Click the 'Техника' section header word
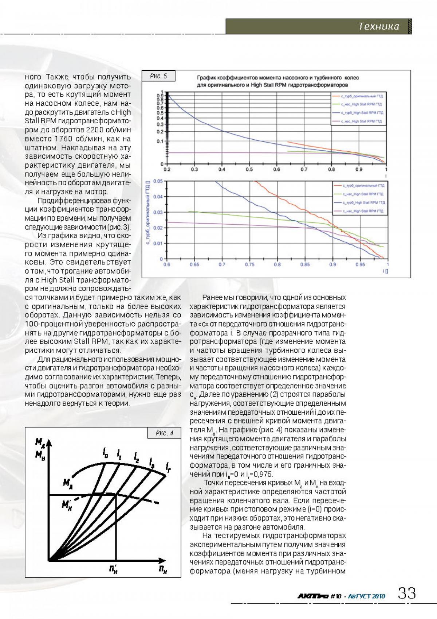coord(379,26)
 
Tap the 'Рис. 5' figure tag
coord(158,76)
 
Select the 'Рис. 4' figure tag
coord(164,433)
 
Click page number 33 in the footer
coord(407,593)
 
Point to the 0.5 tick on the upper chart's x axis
coord(249,170)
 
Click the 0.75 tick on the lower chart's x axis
coord(250,264)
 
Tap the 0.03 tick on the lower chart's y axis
coord(158,212)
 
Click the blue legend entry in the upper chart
coord(357,113)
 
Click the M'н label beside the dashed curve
coord(67,505)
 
